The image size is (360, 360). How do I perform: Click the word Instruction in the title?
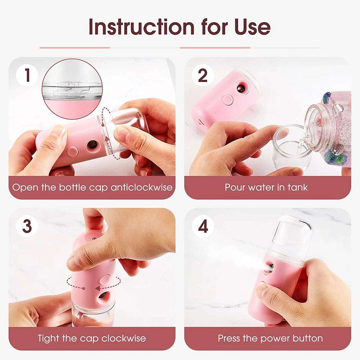pyautogui.click(x=141, y=27)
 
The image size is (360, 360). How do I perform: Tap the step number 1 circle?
pyautogui.click(x=27, y=75)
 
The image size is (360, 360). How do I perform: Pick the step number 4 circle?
pyautogui.click(x=203, y=226)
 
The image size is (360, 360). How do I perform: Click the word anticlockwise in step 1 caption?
pyautogui.click(x=142, y=187)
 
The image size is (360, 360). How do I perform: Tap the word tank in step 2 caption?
pyautogui.click(x=297, y=187)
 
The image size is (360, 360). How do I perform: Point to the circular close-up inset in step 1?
pyautogui.click(x=72, y=88)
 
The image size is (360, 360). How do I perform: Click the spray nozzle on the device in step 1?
pyautogui.click(x=91, y=145)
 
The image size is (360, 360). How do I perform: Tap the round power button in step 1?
pyautogui.click(x=72, y=151)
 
